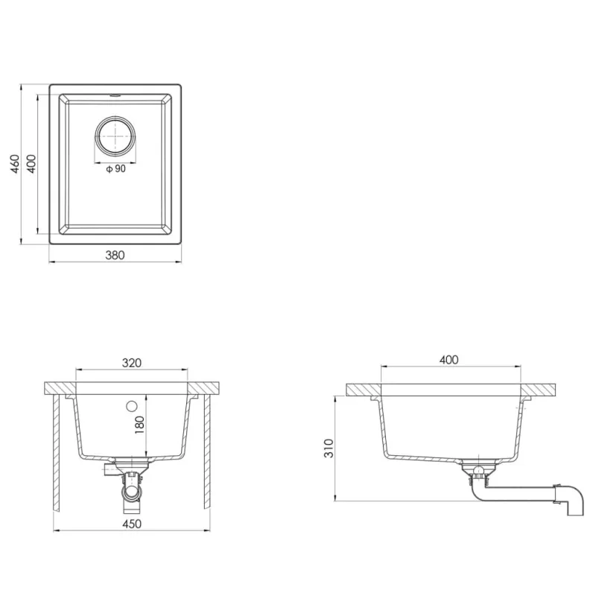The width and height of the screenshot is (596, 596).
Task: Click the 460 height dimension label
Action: [15, 164]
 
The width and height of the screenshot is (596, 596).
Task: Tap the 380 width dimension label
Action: [115, 255]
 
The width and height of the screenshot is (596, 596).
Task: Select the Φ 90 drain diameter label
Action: [115, 168]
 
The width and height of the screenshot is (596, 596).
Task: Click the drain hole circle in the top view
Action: [115, 136]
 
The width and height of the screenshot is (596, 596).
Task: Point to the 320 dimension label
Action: [132, 363]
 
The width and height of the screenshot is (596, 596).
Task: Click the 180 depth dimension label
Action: [139, 425]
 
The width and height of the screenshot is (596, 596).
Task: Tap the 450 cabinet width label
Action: [132, 524]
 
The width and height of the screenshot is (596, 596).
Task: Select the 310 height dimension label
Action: [329, 448]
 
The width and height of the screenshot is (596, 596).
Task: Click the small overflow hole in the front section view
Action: [132, 406]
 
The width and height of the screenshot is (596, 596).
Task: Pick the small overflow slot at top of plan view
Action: [115, 95]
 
